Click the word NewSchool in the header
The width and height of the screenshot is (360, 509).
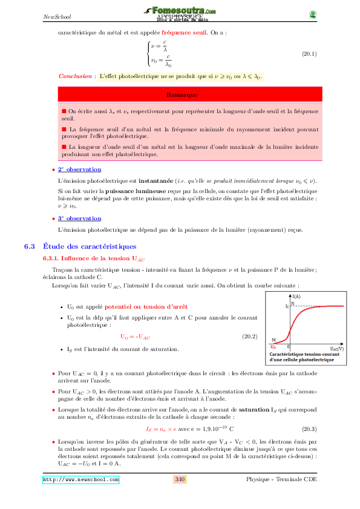[55, 16]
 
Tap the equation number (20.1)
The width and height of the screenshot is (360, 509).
[309, 54]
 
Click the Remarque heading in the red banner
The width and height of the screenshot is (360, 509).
[181, 95]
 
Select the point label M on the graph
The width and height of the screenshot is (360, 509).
[273, 340]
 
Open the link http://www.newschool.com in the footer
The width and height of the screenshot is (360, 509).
[80, 479]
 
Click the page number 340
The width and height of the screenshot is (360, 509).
[180, 479]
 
